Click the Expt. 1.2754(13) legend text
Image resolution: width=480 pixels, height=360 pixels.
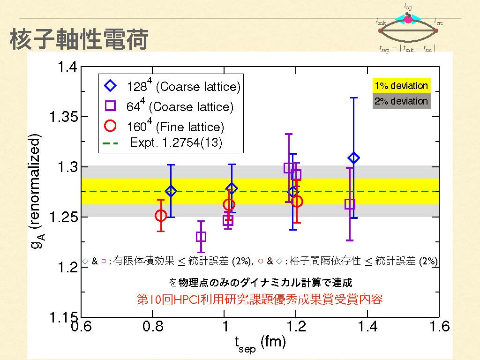pyautogui.click(x=176, y=143)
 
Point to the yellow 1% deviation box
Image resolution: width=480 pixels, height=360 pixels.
pyautogui.click(x=401, y=86)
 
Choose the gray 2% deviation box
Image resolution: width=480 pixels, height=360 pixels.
pyautogui.click(x=401, y=101)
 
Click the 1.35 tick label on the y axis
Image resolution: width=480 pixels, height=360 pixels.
pyautogui.click(x=64, y=117)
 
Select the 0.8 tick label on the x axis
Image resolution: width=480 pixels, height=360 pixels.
pyautogui.click(x=153, y=326)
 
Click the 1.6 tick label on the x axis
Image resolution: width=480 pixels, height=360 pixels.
pyautogui.click(x=438, y=326)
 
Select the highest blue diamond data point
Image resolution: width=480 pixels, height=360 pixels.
pyautogui.click(x=354, y=158)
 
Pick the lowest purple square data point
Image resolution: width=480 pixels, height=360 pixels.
pyautogui.click(x=201, y=237)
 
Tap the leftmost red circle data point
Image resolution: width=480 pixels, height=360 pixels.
pyautogui.click(x=161, y=216)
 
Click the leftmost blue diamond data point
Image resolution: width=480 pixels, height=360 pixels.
pyautogui.click(x=171, y=191)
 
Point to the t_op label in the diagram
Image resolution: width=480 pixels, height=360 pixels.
pyautogui.click(x=408, y=7)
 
